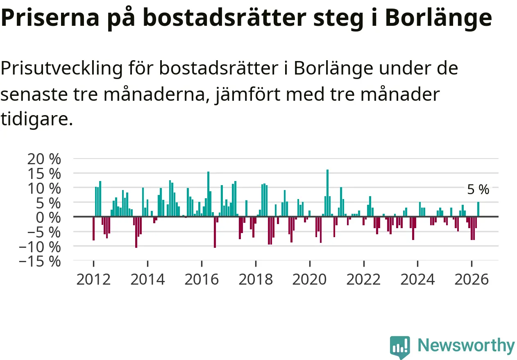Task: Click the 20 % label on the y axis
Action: pos(44,159)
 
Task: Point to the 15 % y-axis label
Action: pos(44,174)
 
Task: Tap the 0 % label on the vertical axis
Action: pos(48,217)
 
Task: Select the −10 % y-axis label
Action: pos(40,247)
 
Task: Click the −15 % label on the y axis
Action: pos(40,262)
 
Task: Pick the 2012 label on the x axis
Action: pos(93,279)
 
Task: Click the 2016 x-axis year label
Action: pos(202,279)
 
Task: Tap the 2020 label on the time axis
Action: pos(310,279)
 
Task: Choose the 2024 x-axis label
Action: pos(417,279)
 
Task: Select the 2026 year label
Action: pos(472,279)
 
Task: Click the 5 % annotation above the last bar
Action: pos(478,190)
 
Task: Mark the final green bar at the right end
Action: pos(478,209)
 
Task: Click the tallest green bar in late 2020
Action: pos(327,193)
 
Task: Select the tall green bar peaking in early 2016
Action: pos(208,194)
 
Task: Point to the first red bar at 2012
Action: pos(93,229)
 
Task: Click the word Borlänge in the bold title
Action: pos(438,18)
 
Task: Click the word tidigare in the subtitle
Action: pos(36,119)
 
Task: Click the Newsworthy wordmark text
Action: pos(467,345)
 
